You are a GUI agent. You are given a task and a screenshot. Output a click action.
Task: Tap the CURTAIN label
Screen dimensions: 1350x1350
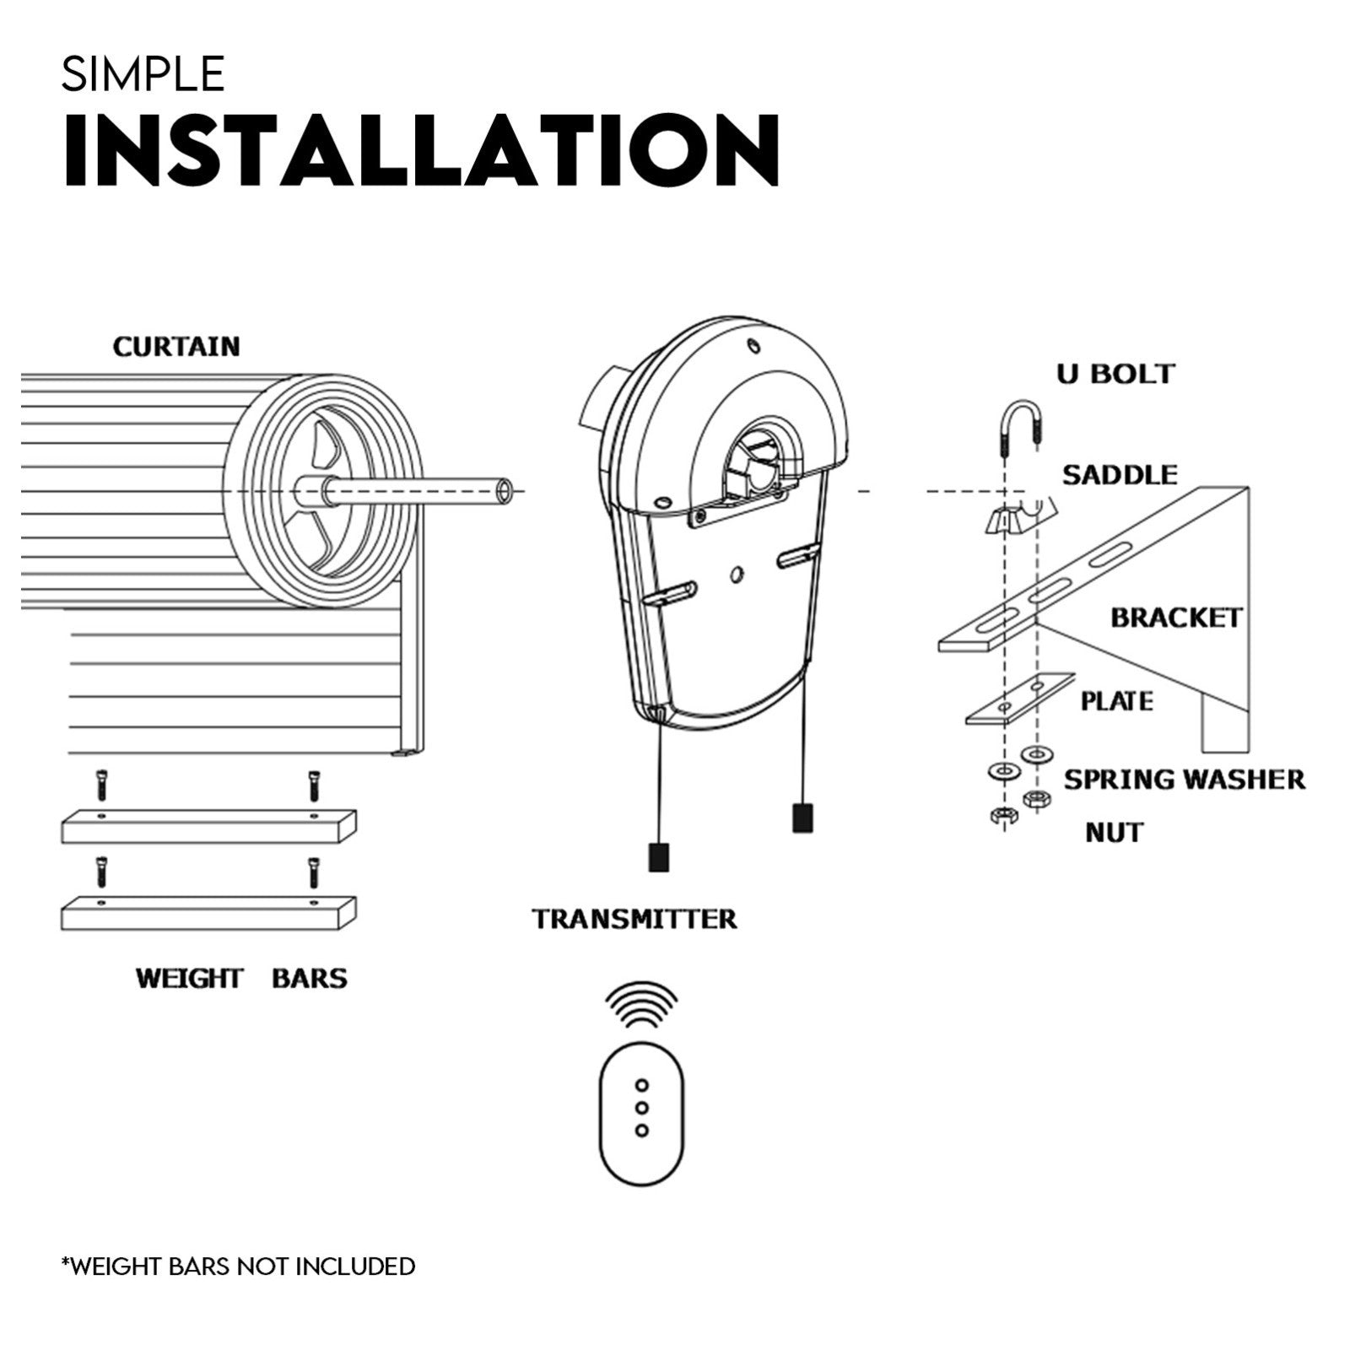pyautogui.click(x=176, y=347)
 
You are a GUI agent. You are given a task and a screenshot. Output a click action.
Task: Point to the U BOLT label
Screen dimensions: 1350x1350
pyautogui.click(x=1115, y=374)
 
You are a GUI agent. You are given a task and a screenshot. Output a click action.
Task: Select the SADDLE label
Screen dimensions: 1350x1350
pyautogui.click(x=1119, y=475)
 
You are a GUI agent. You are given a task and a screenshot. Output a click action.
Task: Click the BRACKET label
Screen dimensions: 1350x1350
pyautogui.click(x=1175, y=618)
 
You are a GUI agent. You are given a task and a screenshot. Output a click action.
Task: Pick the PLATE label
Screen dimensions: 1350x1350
pyautogui.click(x=1116, y=701)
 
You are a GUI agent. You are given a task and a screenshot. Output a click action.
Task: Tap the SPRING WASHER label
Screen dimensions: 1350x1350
pyautogui.click(x=1184, y=779)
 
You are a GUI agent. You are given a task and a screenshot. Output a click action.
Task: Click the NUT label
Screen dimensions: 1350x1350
pyautogui.click(x=1113, y=833)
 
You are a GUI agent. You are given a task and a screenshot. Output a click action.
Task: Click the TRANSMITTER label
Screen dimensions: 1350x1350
pyautogui.click(x=634, y=919)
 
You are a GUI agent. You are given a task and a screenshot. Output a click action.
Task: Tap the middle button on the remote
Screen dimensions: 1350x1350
pyautogui.click(x=641, y=1107)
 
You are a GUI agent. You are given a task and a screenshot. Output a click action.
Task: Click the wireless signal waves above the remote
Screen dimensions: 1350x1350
pyautogui.click(x=641, y=1005)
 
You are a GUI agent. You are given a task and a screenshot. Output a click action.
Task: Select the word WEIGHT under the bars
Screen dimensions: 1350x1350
pyautogui.click(x=189, y=979)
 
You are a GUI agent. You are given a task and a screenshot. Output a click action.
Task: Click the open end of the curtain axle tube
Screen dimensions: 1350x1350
pyautogui.click(x=505, y=490)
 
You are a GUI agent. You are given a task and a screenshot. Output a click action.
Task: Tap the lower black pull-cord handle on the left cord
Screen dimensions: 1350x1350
pyautogui.click(x=658, y=857)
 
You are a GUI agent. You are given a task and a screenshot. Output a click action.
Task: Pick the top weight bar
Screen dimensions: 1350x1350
pyautogui.click(x=208, y=826)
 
